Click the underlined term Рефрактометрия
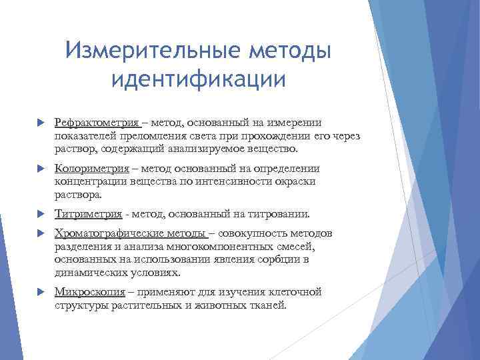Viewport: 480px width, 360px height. click(97, 123)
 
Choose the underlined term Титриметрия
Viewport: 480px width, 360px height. click(88, 214)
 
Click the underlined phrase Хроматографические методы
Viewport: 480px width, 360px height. click(131, 233)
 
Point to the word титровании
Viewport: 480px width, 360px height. click(283, 214)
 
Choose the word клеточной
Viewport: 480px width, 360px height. click(294, 292)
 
